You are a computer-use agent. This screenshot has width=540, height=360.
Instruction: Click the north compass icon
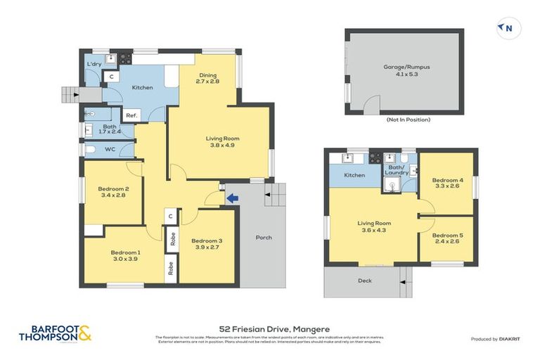tap(506, 28)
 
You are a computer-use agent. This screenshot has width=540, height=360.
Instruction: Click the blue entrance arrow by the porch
tap(231, 199)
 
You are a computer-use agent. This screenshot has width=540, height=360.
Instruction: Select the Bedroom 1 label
tap(125, 252)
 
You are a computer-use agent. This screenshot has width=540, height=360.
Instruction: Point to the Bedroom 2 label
tap(113, 188)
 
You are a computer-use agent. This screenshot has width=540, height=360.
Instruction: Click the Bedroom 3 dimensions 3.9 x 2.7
tap(206, 248)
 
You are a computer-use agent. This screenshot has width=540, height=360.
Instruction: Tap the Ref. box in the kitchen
tap(131, 115)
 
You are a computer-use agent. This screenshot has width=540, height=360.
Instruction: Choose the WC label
tap(109, 150)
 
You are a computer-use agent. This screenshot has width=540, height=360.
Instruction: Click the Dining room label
tap(207, 75)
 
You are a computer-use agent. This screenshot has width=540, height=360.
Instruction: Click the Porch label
tap(263, 238)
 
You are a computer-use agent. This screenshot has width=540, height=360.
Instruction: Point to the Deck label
tap(364, 281)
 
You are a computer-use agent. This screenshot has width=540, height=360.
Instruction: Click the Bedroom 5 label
tap(446, 235)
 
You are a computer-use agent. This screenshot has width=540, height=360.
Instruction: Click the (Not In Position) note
tap(408, 120)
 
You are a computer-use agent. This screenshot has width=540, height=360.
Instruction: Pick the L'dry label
tap(94, 64)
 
